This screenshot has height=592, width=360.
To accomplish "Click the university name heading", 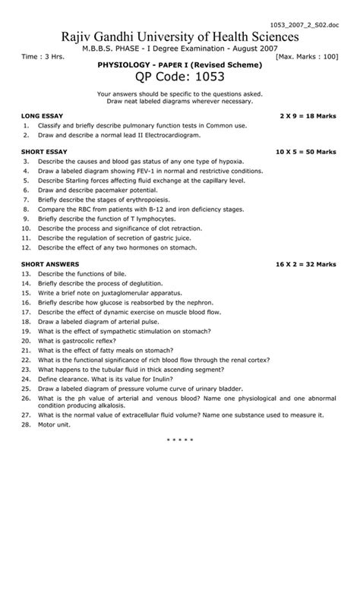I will [180, 37].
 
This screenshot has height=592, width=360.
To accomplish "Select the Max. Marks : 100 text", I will [307, 57].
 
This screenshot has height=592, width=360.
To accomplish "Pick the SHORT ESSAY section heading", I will [45, 152].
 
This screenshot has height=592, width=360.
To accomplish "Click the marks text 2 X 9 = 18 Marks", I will [308, 115].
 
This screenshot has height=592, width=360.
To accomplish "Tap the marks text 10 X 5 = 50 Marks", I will [306, 152].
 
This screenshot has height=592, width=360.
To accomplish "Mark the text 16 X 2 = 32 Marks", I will [306, 263].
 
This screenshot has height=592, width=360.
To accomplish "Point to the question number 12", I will [26, 247].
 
